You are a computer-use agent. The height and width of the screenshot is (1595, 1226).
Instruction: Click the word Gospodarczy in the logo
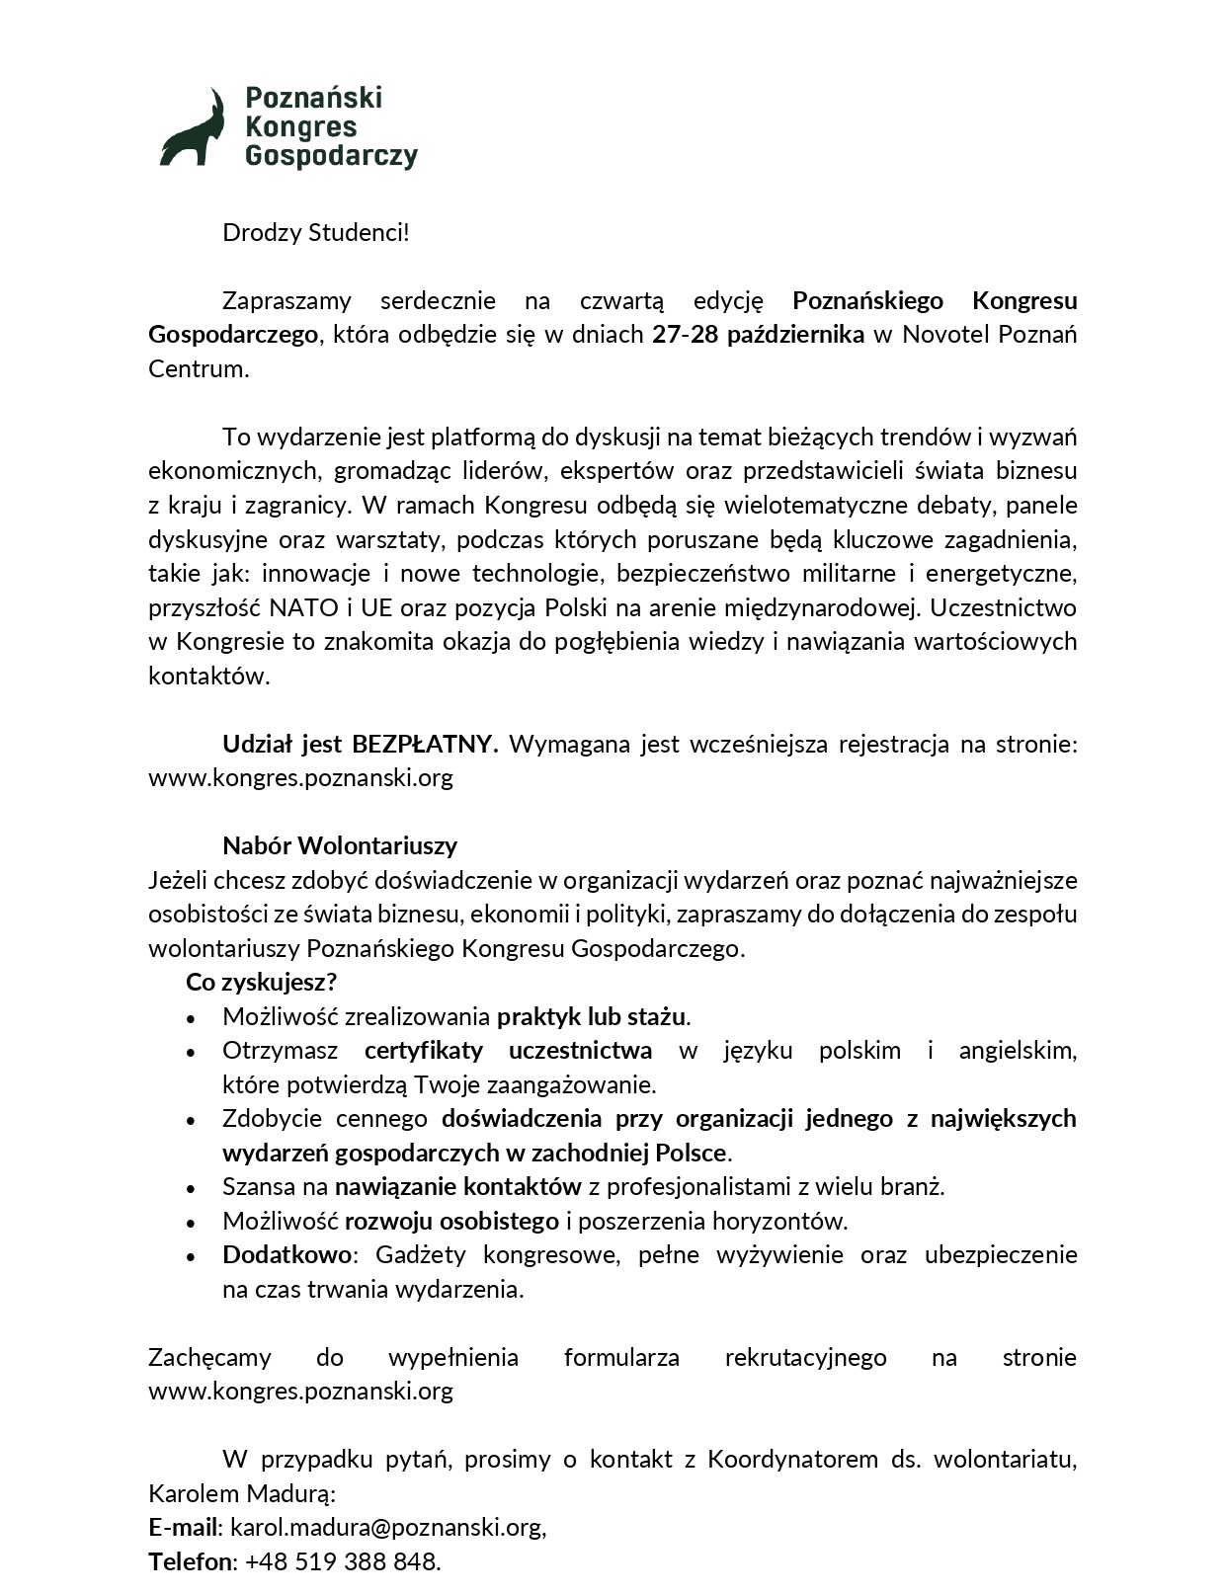331,157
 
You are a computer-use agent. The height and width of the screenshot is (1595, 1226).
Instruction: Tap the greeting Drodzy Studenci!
315,233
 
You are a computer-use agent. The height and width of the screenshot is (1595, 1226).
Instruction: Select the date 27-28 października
758,335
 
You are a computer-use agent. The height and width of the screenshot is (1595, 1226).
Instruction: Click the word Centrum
198,369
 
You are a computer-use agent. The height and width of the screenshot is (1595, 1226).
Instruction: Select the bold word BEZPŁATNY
425,744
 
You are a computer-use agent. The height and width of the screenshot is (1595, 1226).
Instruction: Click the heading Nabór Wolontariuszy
340,845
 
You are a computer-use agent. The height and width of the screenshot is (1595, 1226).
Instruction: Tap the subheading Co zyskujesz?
262,983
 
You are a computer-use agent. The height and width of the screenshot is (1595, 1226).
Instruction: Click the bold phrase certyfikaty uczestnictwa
508,1050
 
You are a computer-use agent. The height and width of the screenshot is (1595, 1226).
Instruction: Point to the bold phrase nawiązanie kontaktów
457,1186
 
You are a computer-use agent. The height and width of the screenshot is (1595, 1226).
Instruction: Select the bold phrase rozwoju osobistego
451,1221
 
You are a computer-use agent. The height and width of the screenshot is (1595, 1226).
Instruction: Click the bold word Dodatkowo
286,1255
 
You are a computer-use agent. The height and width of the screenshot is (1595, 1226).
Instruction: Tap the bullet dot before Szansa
191,1188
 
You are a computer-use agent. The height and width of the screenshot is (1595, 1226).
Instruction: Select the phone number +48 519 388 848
341,1562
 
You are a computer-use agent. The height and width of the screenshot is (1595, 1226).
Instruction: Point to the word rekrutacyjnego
805,1358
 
